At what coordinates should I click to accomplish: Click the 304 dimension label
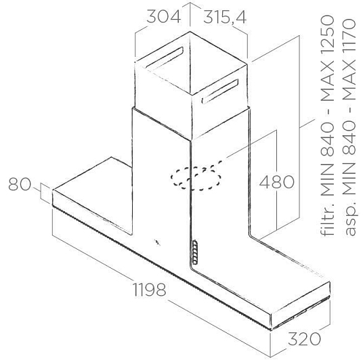[x=164, y=16]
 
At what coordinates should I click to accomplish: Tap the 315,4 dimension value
[x=225, y=17]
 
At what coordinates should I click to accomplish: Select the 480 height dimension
[x=276, y=181]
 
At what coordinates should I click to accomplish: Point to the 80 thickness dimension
[x=20, y=184]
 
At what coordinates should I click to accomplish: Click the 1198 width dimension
[x=149, y=289]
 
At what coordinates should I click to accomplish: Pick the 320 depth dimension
[x=304, y=339]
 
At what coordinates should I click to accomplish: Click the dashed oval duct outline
[x=196, y=178]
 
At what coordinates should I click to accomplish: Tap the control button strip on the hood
[x=195, y=252]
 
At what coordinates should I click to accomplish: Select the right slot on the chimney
[x=219, y=92]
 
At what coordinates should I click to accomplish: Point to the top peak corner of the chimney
[x=190, y=31]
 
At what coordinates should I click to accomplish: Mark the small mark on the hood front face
[x=158, y=242]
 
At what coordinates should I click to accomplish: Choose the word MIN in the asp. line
[x=348, y=179]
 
